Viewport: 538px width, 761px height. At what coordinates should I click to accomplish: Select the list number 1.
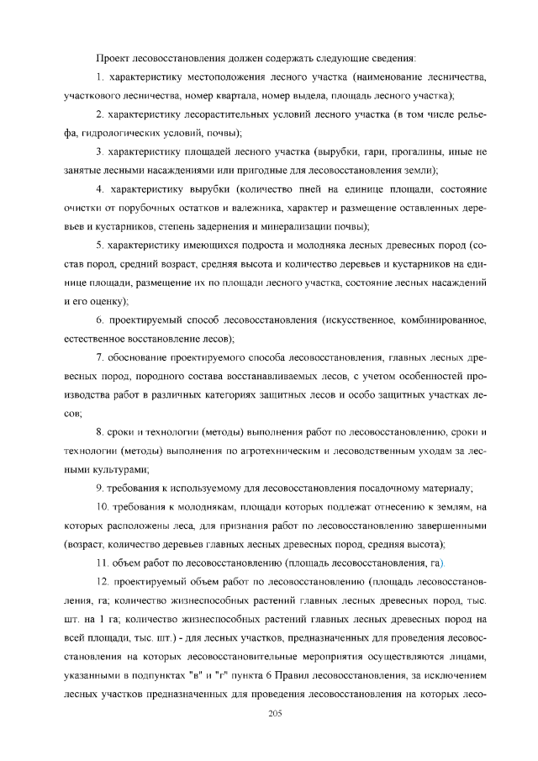point(100,78)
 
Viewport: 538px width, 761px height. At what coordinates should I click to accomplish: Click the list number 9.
point(100,489)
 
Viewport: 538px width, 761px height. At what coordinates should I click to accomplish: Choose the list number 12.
point(103,582)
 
